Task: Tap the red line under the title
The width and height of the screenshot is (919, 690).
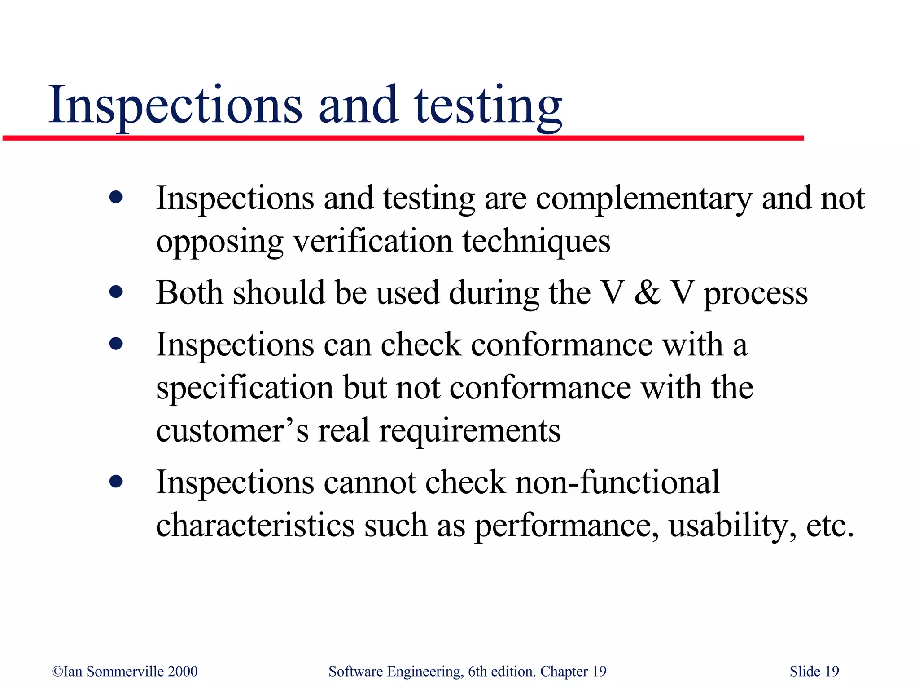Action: coord(403,138)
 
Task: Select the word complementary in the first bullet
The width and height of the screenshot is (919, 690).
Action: coord(643,199)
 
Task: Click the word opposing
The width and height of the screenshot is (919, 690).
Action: coord(219,242)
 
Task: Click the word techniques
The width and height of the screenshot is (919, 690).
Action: coord(536,242)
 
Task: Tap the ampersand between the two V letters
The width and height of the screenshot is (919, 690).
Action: coord(647,293)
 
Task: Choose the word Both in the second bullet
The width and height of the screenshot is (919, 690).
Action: coord(189,292)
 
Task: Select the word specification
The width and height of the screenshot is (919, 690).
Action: coord(245,387)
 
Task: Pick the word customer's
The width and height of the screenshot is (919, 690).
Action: coord(232,430)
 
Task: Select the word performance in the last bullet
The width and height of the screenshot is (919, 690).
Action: coord(567,526)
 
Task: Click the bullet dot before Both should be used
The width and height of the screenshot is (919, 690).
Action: coord(116,292)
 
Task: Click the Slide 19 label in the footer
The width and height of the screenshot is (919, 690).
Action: coord(814,672)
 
